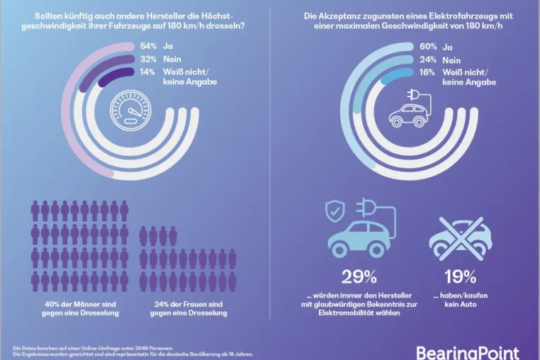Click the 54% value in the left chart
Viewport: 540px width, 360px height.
click(148, 46)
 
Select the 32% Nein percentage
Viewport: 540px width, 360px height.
click(148, 60)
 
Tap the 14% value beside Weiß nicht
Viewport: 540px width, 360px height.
click(148, 72)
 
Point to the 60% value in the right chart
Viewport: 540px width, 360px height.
click(428, 47)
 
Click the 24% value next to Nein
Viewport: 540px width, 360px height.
click(428, 60)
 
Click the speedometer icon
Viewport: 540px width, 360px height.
click(130, 111)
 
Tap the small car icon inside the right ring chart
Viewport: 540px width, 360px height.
click(410, 108)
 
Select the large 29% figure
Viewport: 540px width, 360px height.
click(359, 276)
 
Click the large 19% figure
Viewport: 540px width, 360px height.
click(461, 276)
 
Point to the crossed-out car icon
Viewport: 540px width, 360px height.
click(461, 238)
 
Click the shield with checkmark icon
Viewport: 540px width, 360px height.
click(335, 212)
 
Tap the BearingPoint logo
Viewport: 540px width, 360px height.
click(467, 354)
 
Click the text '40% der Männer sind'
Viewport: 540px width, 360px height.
click(80, 305)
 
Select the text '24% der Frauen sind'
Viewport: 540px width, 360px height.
click(189, 305)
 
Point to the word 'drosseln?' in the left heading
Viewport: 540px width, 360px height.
click(227, 26)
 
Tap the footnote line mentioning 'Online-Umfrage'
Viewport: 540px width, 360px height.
click(93, 348)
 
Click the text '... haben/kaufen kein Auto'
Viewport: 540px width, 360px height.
click(461, 300)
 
